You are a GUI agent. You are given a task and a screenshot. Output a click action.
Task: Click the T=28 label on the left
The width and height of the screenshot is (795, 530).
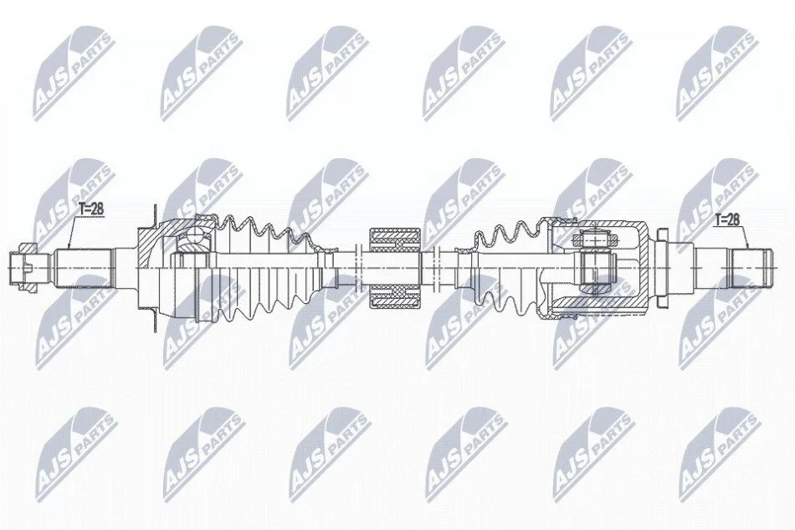91,209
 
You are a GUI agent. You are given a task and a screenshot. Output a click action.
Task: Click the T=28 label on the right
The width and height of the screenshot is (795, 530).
727,219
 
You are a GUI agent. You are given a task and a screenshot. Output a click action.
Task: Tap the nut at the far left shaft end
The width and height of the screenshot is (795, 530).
24,267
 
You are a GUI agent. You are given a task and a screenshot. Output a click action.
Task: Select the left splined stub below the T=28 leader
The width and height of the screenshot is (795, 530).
83,267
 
